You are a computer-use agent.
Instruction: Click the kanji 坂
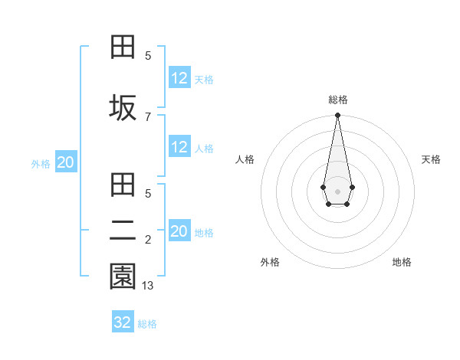click(x=123, y=108)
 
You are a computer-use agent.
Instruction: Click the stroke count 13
click(x=149, y=285)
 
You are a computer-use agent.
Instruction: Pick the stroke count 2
click(x=148, y=241)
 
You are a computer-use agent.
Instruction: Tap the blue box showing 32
click(x=123, y=322)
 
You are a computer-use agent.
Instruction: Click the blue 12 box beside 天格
click(x=179, y=78)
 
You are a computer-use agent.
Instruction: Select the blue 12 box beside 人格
click(x=179, y=148)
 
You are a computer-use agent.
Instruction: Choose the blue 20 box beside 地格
click(x=179, y=231)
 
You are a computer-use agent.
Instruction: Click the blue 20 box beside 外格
click(x=66, y=162)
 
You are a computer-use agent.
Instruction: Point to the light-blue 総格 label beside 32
click(x=147, y=324)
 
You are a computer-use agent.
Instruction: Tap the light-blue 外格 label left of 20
click(x=41, y=164)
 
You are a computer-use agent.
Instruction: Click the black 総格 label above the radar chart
click(x=337, y=100)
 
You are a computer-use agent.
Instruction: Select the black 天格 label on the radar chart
click(x=431, y=159)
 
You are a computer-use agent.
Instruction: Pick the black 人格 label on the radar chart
click(x=245, y=159)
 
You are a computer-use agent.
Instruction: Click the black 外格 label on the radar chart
click(x=270, y=262)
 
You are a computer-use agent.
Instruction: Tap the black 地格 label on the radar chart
click(x=402, y=262)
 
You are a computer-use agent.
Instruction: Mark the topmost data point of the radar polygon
click(x=337, y=116)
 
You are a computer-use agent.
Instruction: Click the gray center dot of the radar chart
click(x=337, y=191)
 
